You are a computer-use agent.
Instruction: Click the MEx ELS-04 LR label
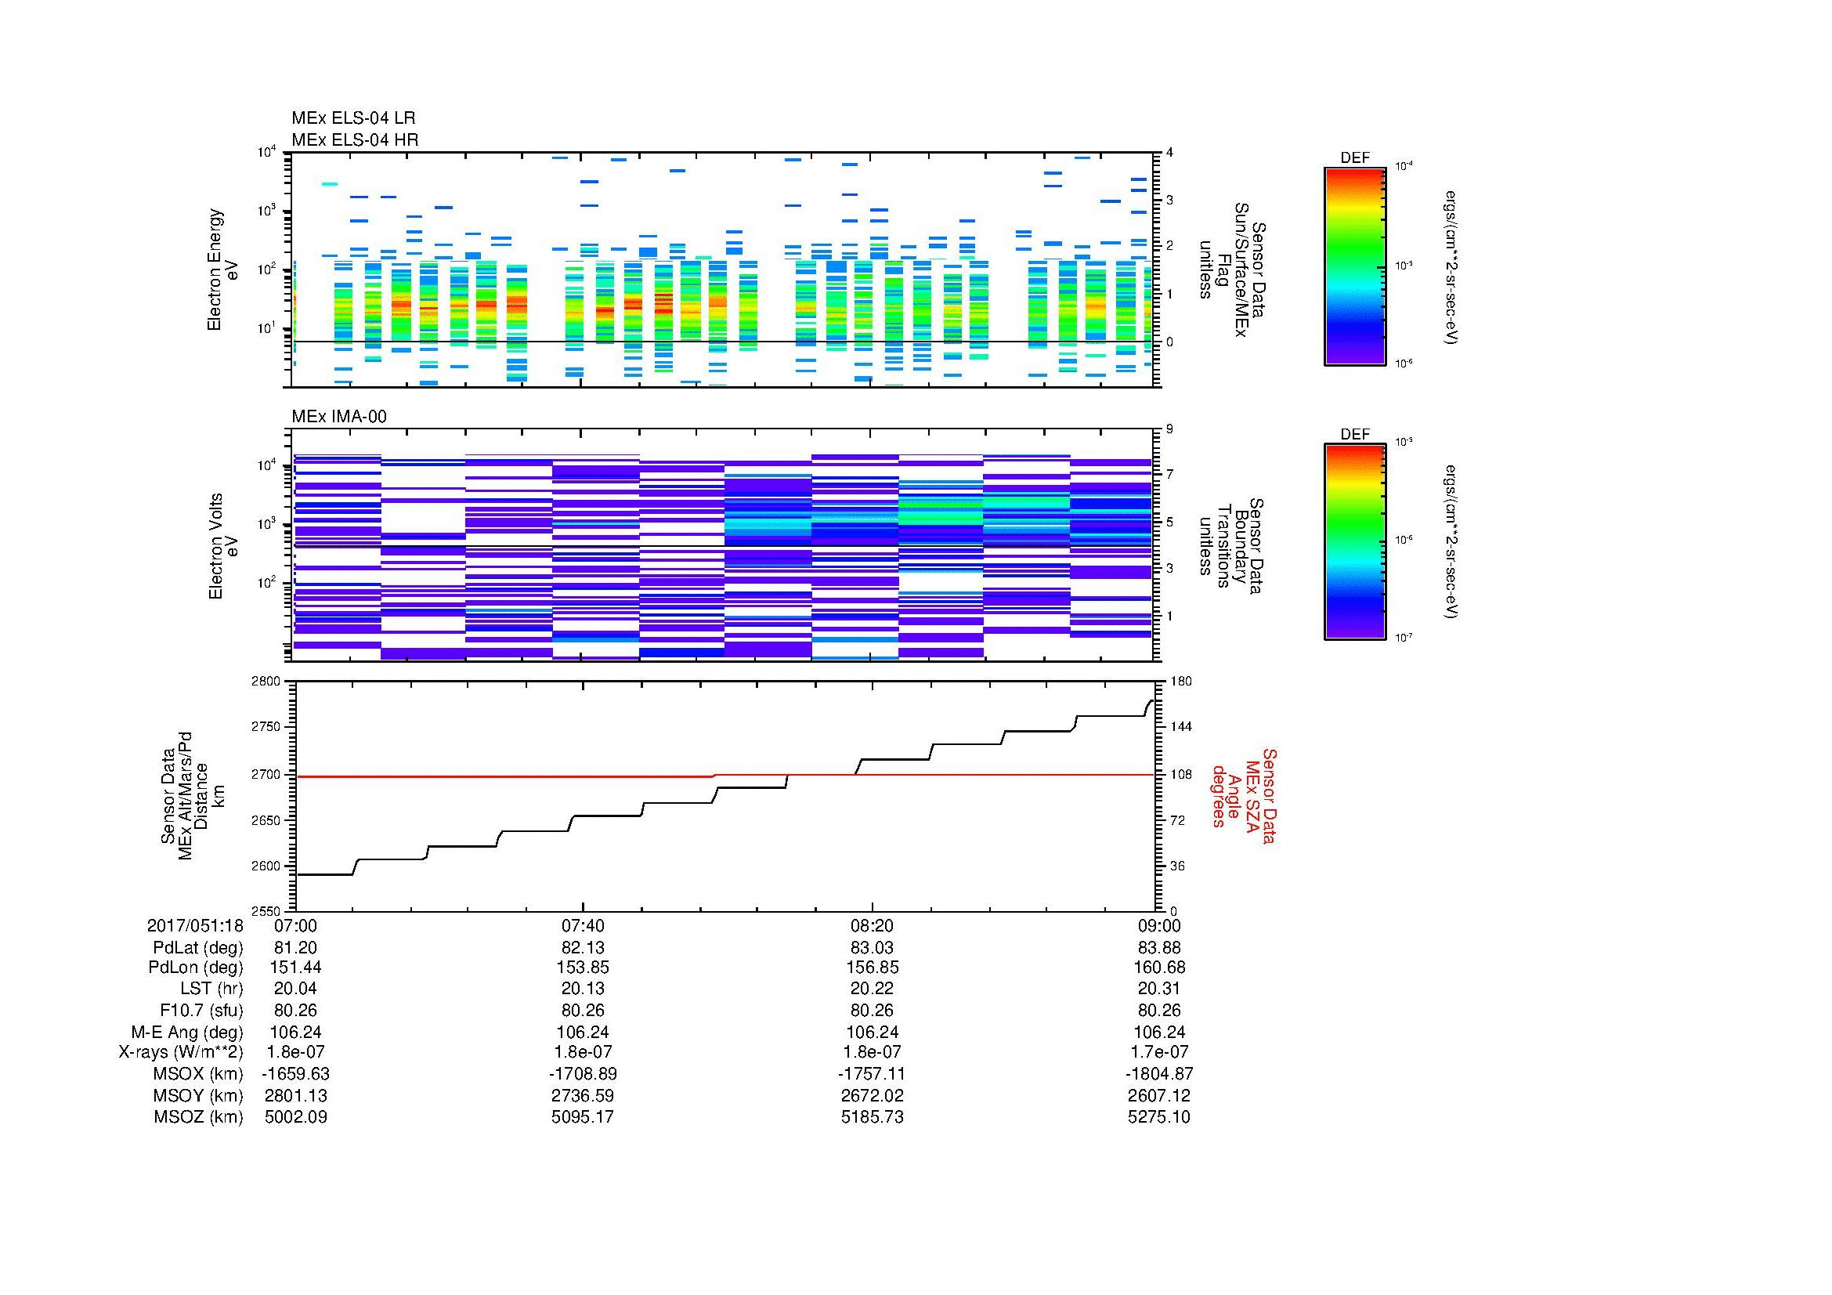click(x=353, y=118)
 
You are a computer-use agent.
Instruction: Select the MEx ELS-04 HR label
click(x=355, y=139)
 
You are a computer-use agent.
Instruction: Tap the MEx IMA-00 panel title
click(x=339, y=417)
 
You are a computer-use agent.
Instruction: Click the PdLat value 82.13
click(x=584, y=948)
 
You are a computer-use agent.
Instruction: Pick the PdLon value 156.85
click(x=872, y=967)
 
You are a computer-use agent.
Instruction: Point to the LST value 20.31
click(x=1159, y=988)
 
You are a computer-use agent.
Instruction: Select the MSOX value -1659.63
click(x=296, y=1074)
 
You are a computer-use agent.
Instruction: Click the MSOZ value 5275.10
click(x=1159, y=1117)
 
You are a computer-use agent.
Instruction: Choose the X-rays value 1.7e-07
click(x=1159, y=1052)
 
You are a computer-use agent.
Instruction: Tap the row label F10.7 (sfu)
click(x=201, y=1010)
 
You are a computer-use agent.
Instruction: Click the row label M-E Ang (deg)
click(x=186, y=1032)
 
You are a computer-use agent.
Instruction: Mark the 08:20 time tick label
click(x=872, y=925)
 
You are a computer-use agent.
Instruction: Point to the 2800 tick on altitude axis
click(x=266, y=682)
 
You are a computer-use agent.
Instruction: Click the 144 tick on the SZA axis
click(x=1180, y=727)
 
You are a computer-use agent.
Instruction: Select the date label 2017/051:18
click(x=196, y=925)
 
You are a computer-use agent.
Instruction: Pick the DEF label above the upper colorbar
click(x=1355, y=158)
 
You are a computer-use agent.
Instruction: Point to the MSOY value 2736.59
click(x=584, y=1095)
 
